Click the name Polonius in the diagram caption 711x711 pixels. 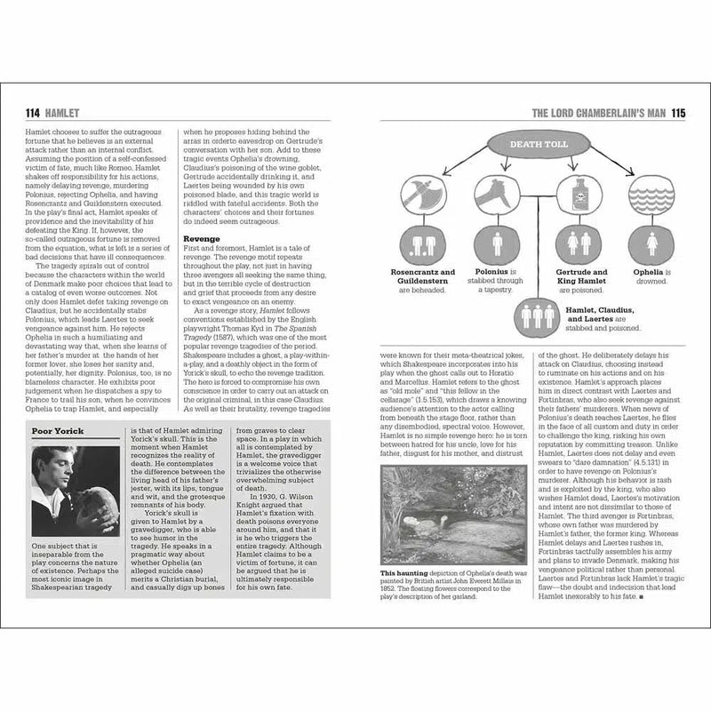pos(486,273)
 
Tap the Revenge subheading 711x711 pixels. pos(201,239)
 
